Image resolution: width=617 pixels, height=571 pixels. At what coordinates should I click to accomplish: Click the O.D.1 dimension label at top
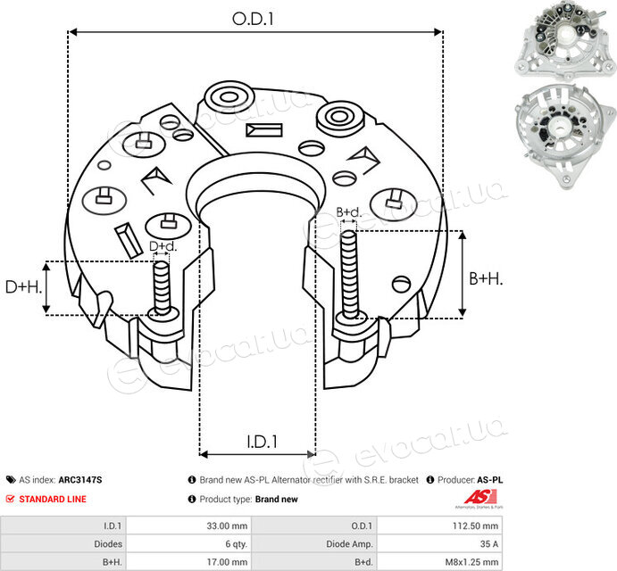point(253,19)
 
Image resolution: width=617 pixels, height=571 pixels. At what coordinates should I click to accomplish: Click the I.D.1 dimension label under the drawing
point(262,442)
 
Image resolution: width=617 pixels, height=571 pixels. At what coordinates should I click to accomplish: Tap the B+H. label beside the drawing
point(486,279)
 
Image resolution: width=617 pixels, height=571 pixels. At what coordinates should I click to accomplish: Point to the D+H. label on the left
point(23,287)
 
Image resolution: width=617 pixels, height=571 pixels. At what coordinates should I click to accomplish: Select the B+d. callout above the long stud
point(348,212)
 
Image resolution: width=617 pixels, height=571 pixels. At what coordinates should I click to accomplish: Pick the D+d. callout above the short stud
point(163,246)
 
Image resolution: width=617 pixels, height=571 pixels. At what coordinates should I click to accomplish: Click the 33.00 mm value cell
point(227,525)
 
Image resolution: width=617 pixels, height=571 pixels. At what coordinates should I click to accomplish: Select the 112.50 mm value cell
point(475,525)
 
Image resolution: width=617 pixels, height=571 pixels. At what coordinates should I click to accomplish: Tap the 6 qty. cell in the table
point(236,544)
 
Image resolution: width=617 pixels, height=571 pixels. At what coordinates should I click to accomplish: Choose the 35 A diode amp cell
point(489,544)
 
